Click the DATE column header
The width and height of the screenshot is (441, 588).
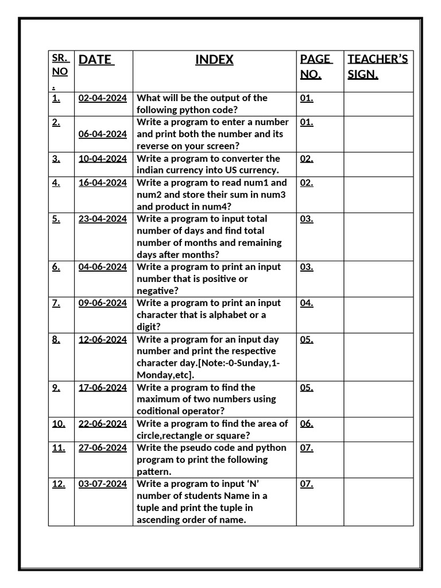coord(96,60)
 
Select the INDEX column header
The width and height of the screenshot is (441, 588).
coord(214,60)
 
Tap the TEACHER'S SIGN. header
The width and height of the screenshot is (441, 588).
coord(377,67)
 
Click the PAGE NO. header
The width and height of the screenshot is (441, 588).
coord(316,67)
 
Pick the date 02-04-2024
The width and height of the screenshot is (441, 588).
coord(102,98)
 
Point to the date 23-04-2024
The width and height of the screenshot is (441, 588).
coord(102,219)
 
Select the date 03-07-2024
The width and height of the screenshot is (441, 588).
coord(102,484)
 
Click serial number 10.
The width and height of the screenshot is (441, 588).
coord(59,424)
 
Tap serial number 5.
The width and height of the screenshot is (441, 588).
coord(56,219)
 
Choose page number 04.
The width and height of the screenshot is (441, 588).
coord(307,303)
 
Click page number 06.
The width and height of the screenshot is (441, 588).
coord(307,424)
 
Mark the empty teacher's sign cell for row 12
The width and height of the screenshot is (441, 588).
coord(378,502)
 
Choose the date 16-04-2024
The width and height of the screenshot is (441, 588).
coord(102,183)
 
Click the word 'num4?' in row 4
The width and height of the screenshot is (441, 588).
coord(167,207)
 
